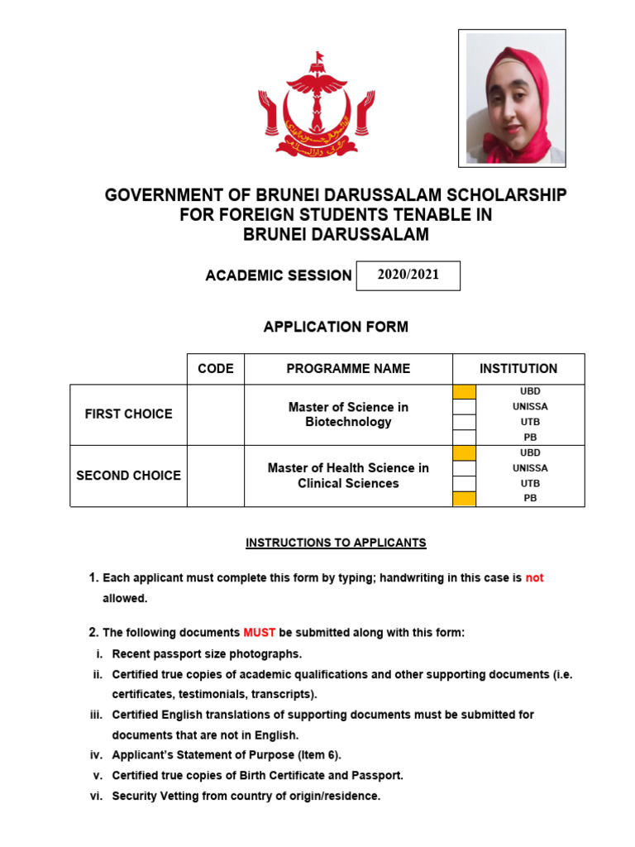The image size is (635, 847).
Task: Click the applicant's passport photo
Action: click(x=512, y=98)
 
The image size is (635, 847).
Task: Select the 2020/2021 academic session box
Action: click(x=408, y=275)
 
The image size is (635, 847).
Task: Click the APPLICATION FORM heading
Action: click(x=336, y=327)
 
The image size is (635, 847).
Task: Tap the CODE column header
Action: click(x=215, y=369)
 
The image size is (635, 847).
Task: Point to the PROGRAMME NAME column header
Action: click(x=348, y=369)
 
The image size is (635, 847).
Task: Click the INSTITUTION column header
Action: click(x=518, y=369)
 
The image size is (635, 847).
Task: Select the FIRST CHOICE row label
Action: click(x=128, y=414)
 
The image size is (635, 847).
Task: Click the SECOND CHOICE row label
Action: click(x=128, y=476)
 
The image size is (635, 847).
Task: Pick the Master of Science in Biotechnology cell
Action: click(x=348, y=414)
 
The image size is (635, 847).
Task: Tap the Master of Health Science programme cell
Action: click(x=348, y=476)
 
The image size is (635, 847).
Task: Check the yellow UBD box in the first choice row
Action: click(x=465, y=392)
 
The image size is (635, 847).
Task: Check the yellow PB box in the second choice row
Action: click(x=465, y=498)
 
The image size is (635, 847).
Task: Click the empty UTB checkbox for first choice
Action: click(x=465, y=422)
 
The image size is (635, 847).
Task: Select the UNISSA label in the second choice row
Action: click(x=530, y=468)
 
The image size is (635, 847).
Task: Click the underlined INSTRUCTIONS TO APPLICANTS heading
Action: click(x=336, y=543)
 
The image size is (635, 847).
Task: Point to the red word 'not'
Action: click(x=534, y=578)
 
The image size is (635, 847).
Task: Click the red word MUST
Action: click(x=259, y=633)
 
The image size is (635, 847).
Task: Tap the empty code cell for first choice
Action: click(x=215, y=414)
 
